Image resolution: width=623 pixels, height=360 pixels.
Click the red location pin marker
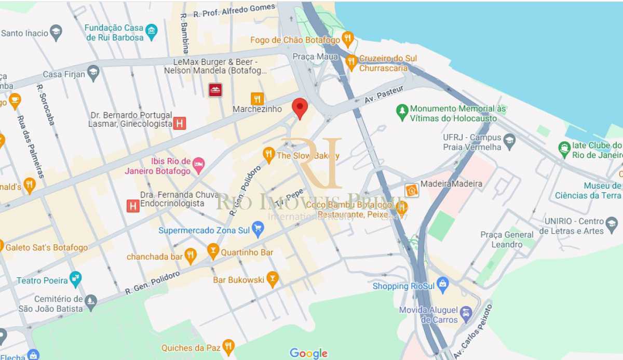click(300, 108)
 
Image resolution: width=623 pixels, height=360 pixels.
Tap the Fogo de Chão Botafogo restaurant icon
click(348, 39)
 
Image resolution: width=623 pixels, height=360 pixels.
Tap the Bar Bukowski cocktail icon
click(272, 279)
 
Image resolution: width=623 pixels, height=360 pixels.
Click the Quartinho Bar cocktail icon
click(213, 251)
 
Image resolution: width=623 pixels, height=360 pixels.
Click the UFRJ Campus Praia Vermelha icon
click(509, 141)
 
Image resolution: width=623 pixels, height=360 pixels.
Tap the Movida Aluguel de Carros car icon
click(466, 314)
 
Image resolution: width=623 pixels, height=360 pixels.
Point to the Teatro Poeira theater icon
click(76, 279)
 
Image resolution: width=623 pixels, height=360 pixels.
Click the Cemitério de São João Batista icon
click(91, 302)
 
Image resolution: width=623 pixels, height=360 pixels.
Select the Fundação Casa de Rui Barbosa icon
click(151, 32)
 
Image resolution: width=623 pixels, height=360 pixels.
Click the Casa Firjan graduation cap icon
click(93, 73)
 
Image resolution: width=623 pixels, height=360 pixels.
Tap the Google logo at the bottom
click(308, 353)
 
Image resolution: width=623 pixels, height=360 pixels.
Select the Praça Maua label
click(308, 56)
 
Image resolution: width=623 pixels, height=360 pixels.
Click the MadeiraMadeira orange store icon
click(412, 190)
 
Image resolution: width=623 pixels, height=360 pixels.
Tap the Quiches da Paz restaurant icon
click(228, 346)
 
